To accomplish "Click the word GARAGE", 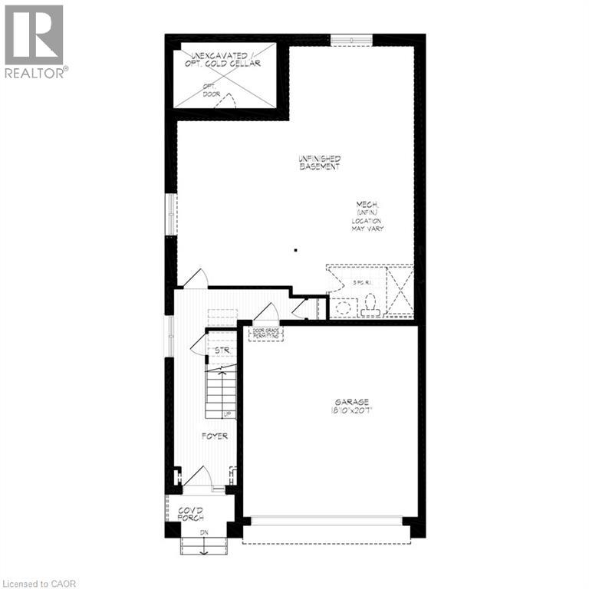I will [351, 402].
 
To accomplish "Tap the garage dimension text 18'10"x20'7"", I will [351, 411].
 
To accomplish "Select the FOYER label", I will [215, 436].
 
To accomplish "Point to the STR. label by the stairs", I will [222, 350].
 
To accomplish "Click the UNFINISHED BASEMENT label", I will [320, 163].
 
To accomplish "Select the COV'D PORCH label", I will [190, 515].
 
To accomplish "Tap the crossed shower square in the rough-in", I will [400, 291].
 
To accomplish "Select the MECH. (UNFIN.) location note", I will [367, 216].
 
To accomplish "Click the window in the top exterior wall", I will [351, 39].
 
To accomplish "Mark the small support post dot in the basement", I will [295, 249].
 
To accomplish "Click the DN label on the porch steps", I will [204, 532].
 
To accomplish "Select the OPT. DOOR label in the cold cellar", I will [210, 90].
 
